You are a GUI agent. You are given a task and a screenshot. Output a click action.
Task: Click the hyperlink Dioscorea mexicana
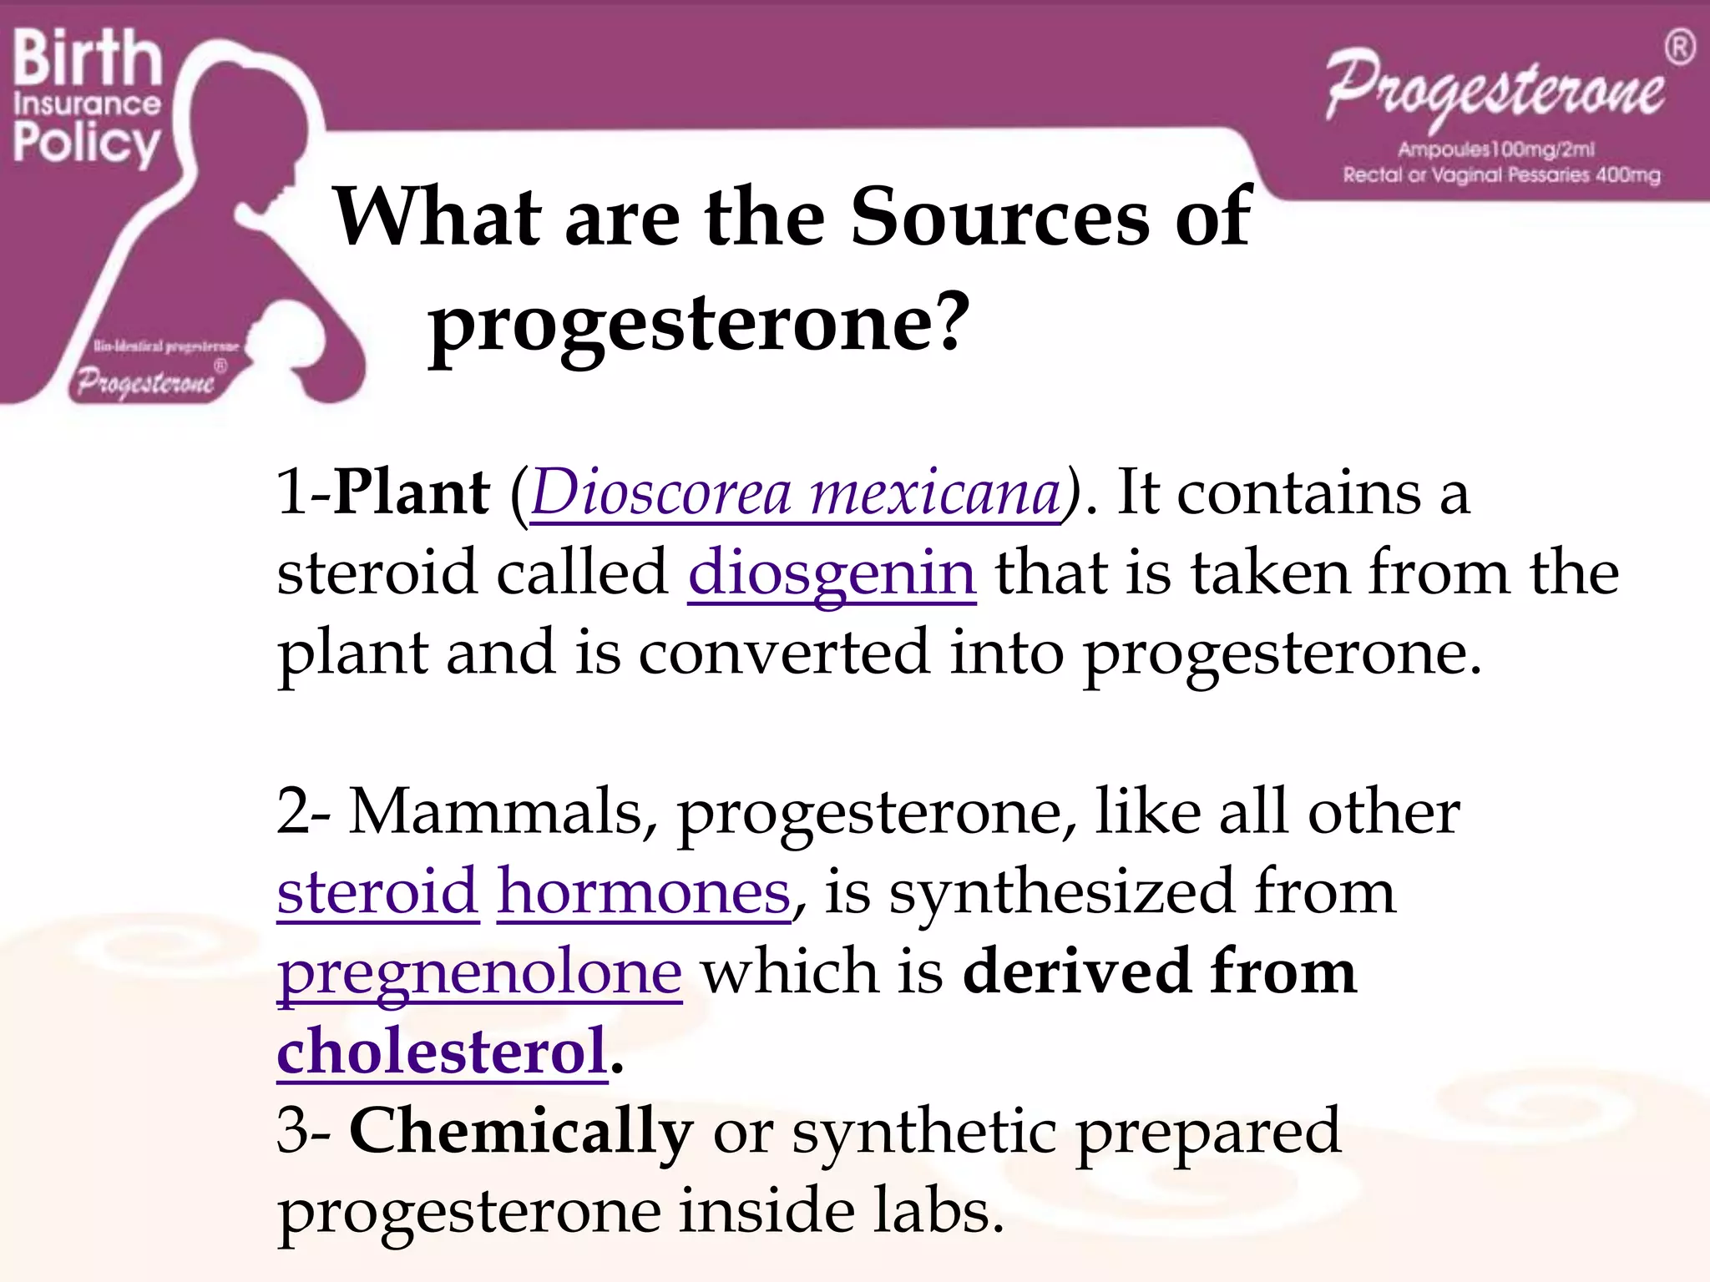(x=795, y=494)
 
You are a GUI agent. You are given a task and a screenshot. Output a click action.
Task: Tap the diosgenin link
(x=832, y=573)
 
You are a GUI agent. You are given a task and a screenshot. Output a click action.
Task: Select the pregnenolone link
(x=479, y=972)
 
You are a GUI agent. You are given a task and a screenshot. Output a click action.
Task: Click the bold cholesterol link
(x=442, y=1051)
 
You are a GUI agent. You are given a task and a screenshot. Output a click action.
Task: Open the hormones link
(x=644, y=892)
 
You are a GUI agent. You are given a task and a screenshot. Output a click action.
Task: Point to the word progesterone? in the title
(x=699, y=323)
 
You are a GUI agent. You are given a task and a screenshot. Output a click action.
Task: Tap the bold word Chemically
(x=521, y=1131)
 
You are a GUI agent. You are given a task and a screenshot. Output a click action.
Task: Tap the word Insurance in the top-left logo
(x=87, y=103)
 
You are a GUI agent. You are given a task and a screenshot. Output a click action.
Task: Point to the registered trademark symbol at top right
(x=1679, y=48)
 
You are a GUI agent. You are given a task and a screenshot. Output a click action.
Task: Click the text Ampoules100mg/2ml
(x=1495, y=149)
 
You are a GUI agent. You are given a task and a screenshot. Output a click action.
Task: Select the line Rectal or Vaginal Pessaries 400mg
(x=1501, y=175)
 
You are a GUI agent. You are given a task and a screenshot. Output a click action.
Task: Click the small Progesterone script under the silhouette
(x=145, y=383)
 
